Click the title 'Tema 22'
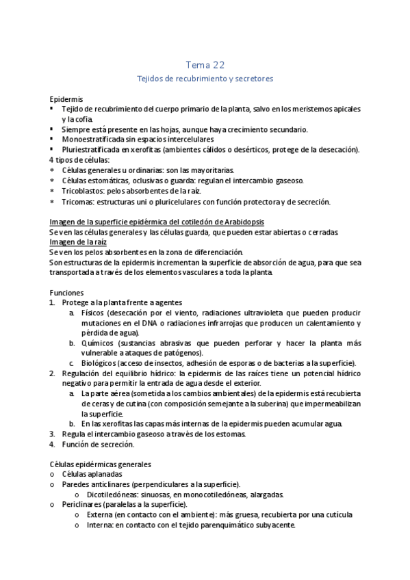205,65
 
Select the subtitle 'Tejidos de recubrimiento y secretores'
205,79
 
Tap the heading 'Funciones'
67,293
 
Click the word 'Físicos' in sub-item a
93,313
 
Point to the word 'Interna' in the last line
99,525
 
